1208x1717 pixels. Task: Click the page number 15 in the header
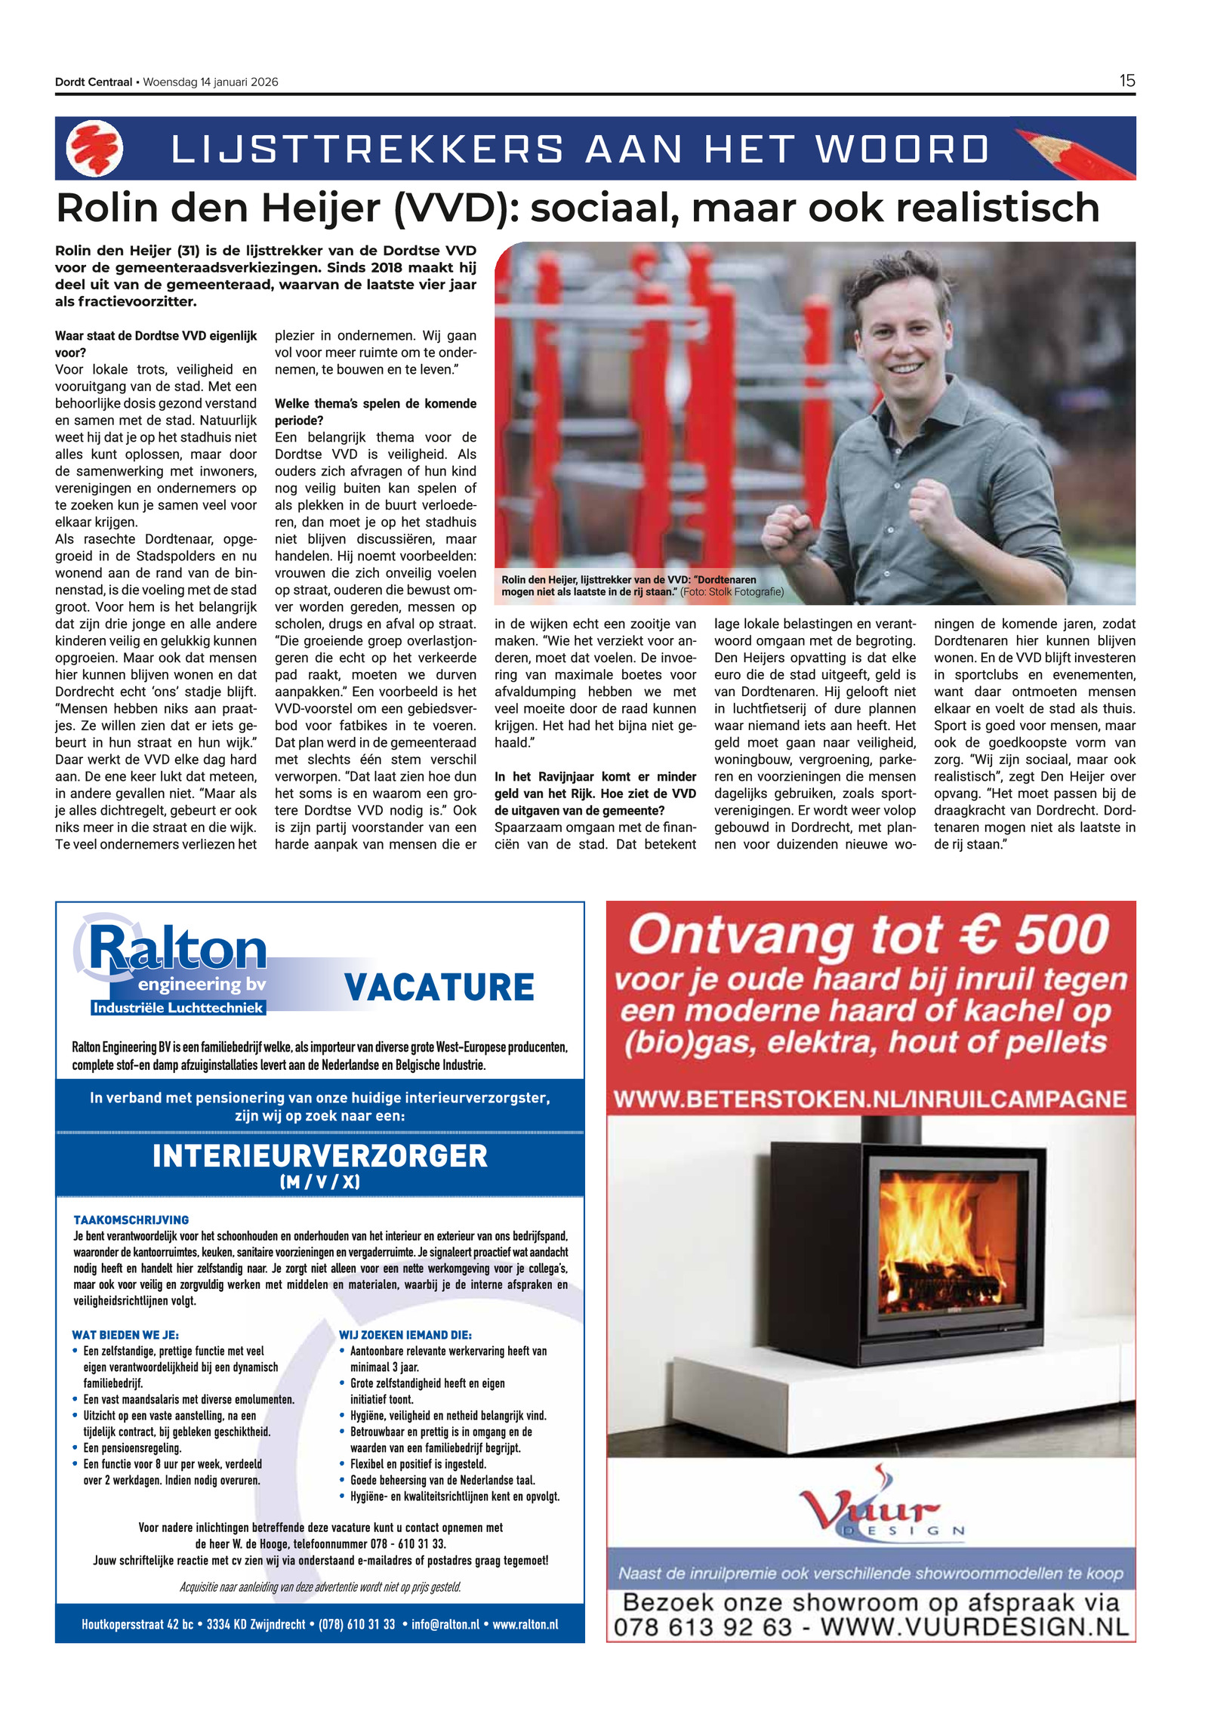pyautogui.click(x=1126, y=81)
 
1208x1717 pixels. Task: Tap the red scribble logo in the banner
pyautogui.click(x=94, y=149)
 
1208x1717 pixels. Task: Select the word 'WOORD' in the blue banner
pyautogui.click(x=902, y=149)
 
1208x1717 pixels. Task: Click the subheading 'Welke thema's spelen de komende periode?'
pyautogui.click(x=375, y=412)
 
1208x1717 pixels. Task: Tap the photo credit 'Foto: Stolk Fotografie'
pyautogui.click(x=732, y=592)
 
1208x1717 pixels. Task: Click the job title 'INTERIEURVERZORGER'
pyautogui.click(x=320, y=1156)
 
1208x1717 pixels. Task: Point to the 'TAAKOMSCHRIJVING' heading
pyautogui.click(x=131, y=1219)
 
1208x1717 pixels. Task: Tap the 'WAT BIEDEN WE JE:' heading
pyautogui.click(x=125, y=1335)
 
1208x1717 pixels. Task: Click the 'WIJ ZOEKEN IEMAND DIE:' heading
pyautogui.click(x=405, y=1335)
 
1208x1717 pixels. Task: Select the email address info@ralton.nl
pyautogui.click(x=445, y=1624)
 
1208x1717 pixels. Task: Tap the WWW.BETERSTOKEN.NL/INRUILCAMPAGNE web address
pyautogui.click(x=871, y=1099)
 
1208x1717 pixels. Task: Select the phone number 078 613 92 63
pyautogui.click(x=702, y=1628)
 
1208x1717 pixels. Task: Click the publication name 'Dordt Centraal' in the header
pyautogui.click(x=94, y=82)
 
